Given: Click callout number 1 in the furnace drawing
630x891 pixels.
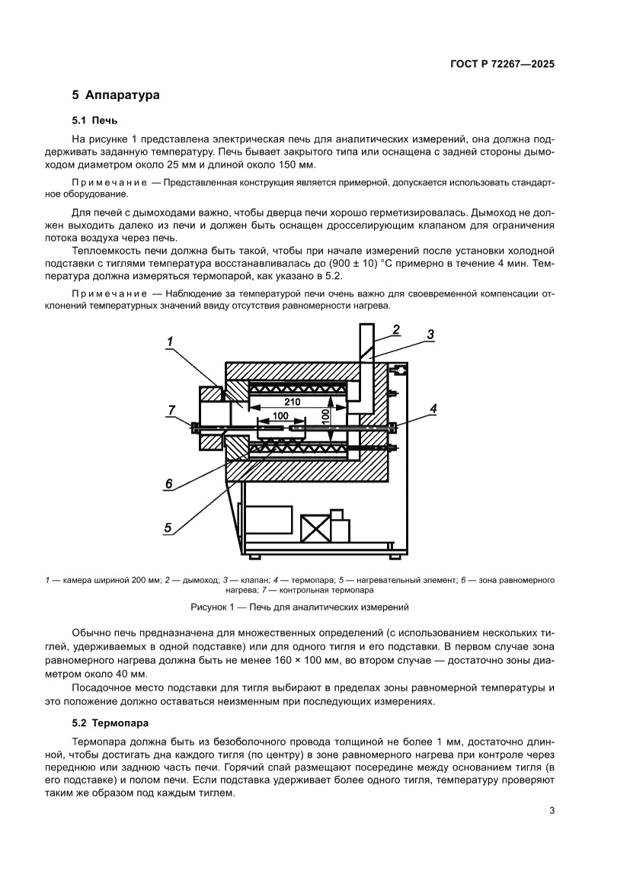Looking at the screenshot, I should coord(171,342).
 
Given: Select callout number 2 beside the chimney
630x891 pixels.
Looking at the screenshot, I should coord(396,329).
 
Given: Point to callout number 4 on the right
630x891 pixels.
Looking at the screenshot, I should coord(433,409).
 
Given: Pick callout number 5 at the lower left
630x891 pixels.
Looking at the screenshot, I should coord(168,527).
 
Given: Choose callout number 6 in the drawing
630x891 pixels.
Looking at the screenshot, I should coord(169,483).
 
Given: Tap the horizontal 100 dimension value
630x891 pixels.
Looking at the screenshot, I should coord(280,415).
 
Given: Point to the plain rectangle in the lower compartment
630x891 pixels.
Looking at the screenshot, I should coord(268,518).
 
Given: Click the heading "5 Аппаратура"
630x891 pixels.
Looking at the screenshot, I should coord(115,96).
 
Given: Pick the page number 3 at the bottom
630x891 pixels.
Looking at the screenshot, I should coord(552,811).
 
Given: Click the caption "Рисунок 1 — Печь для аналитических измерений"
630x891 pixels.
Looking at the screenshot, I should coord(299,607).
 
